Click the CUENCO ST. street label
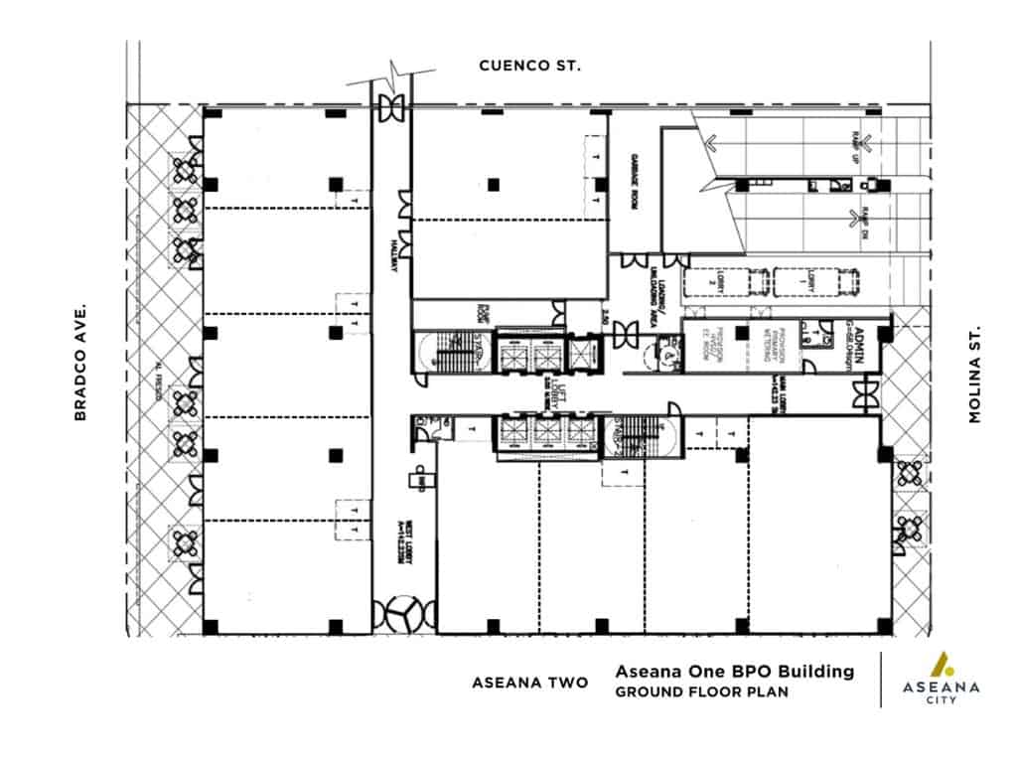(529, 66)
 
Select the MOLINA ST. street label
(975, 374)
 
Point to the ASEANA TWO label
(529, 683)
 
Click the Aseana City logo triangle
(940, 664)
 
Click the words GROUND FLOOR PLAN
(701, 691)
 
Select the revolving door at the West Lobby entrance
(404, 614)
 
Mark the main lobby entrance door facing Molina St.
(863, 395)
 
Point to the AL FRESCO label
(158, 379)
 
